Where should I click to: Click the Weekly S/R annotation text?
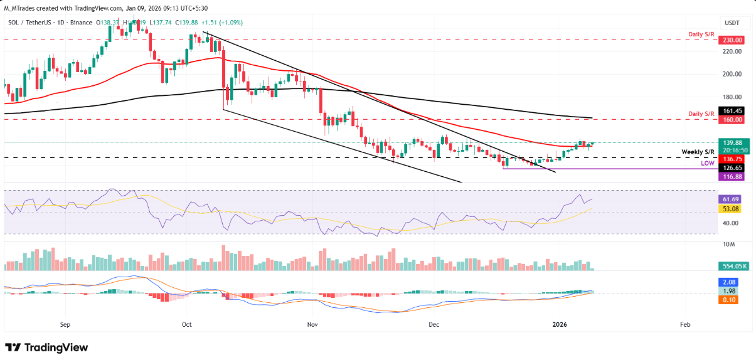click(x=698, y=152)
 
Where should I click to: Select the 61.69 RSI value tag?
click(x=731, y=199)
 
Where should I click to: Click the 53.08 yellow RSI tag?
click(x=731, y=208)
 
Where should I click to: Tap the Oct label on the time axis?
click(x=186, y=325)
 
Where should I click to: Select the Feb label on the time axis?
click(x=685, y=325)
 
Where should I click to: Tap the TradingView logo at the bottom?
click(x=46, y=347)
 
